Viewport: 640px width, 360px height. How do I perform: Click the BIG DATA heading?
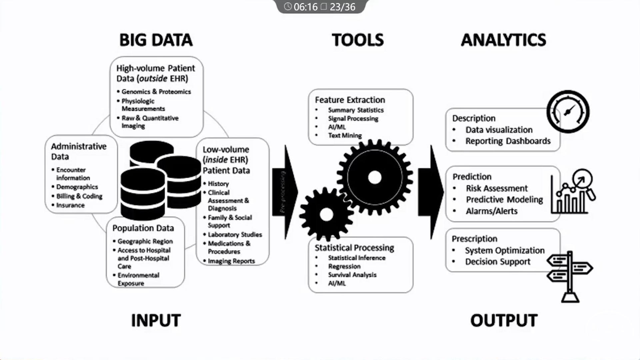156,40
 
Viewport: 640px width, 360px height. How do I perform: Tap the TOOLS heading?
358,40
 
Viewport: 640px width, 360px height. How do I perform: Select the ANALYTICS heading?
503,40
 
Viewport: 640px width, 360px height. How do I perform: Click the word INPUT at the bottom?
156,320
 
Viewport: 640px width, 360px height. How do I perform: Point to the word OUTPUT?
504,320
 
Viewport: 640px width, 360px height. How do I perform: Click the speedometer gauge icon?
568,112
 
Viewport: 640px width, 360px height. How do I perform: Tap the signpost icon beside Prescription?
570,275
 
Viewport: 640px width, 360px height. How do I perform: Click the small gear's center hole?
326,215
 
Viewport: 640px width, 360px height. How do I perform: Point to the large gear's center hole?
375,177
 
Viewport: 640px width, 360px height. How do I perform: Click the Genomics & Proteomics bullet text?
156,92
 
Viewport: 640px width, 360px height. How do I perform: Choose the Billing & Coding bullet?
79,196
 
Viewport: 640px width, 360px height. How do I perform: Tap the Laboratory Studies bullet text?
235,235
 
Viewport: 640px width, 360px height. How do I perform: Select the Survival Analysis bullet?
352,275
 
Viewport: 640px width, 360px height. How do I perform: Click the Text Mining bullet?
345,135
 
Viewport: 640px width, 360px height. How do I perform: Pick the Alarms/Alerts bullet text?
492,211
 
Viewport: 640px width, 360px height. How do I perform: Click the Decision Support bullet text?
498,262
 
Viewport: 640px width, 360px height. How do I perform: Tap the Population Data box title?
143,228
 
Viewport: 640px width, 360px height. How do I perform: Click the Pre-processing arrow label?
283,192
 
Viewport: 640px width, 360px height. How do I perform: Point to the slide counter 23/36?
342,7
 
